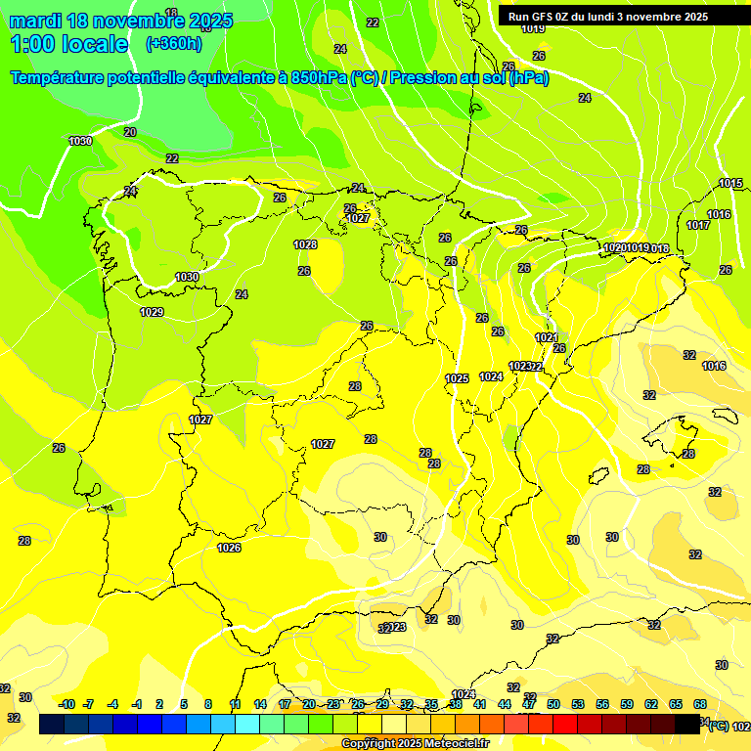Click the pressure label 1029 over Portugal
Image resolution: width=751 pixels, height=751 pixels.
click(x=152, y=312)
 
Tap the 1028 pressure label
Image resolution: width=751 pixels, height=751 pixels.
click(x=305, y=244)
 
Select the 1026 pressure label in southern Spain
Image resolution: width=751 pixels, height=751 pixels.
click(x=229, y=548)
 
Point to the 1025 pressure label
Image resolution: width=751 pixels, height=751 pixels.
click(x=457, y=378)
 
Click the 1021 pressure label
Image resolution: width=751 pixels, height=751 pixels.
click(x=547, y=337)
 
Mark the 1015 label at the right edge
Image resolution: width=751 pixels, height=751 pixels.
click(x=730, y=184)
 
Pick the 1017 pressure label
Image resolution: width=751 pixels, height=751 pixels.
click(x=698, y=225)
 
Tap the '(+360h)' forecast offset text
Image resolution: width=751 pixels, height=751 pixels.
click(x=174, y=44)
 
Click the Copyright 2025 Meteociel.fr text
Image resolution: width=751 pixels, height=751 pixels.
click(x=415, y=743)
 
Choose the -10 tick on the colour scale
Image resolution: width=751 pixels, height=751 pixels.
click(x=67, y=704)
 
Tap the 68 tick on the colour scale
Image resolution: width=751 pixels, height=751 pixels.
click(x=700, y=704)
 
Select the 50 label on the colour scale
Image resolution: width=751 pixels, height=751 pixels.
click(x=553, y=704)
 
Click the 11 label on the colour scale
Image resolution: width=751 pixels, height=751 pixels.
click(x=236, y=704)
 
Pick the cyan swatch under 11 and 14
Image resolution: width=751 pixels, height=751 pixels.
click(x=247, y=724)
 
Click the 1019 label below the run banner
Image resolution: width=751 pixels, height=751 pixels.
click(x=533, y=28)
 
